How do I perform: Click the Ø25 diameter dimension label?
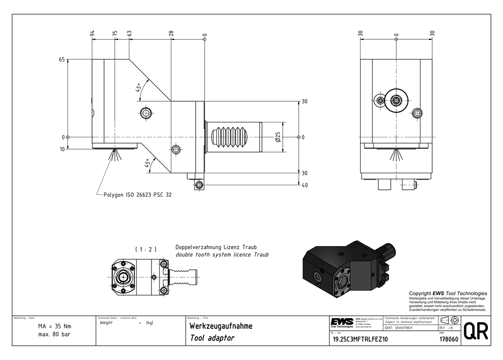278,137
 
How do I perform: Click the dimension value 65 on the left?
62,59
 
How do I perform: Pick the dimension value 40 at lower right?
304,185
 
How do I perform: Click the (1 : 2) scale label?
146,249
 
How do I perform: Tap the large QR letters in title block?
475,332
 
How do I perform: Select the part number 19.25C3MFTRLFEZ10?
360,339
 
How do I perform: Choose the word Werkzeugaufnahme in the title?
220,326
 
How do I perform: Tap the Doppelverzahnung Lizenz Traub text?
216,247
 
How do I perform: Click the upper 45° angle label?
138,88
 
